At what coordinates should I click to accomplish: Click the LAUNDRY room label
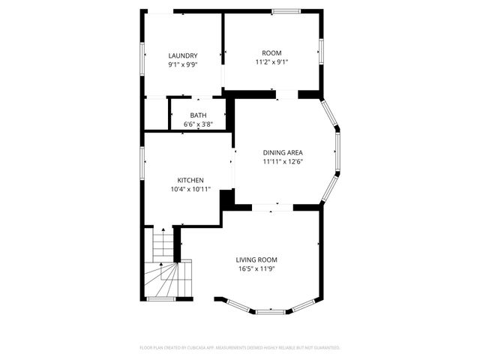183,55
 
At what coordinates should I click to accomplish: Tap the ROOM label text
271,52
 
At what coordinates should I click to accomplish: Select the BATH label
198,115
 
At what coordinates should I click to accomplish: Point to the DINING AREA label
283,152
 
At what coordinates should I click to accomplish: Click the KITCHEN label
190,180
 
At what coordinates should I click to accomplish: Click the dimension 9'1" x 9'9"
183,64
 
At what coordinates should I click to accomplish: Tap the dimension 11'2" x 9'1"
271,61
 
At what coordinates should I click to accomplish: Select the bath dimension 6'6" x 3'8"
198,124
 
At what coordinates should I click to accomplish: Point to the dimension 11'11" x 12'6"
283,161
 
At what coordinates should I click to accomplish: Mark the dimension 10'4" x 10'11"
190,189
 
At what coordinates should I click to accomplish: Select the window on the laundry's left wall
142,57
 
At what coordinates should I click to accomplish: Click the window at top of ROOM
285,11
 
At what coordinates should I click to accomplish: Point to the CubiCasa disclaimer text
240,348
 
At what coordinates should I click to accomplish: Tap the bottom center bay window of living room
272,310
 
